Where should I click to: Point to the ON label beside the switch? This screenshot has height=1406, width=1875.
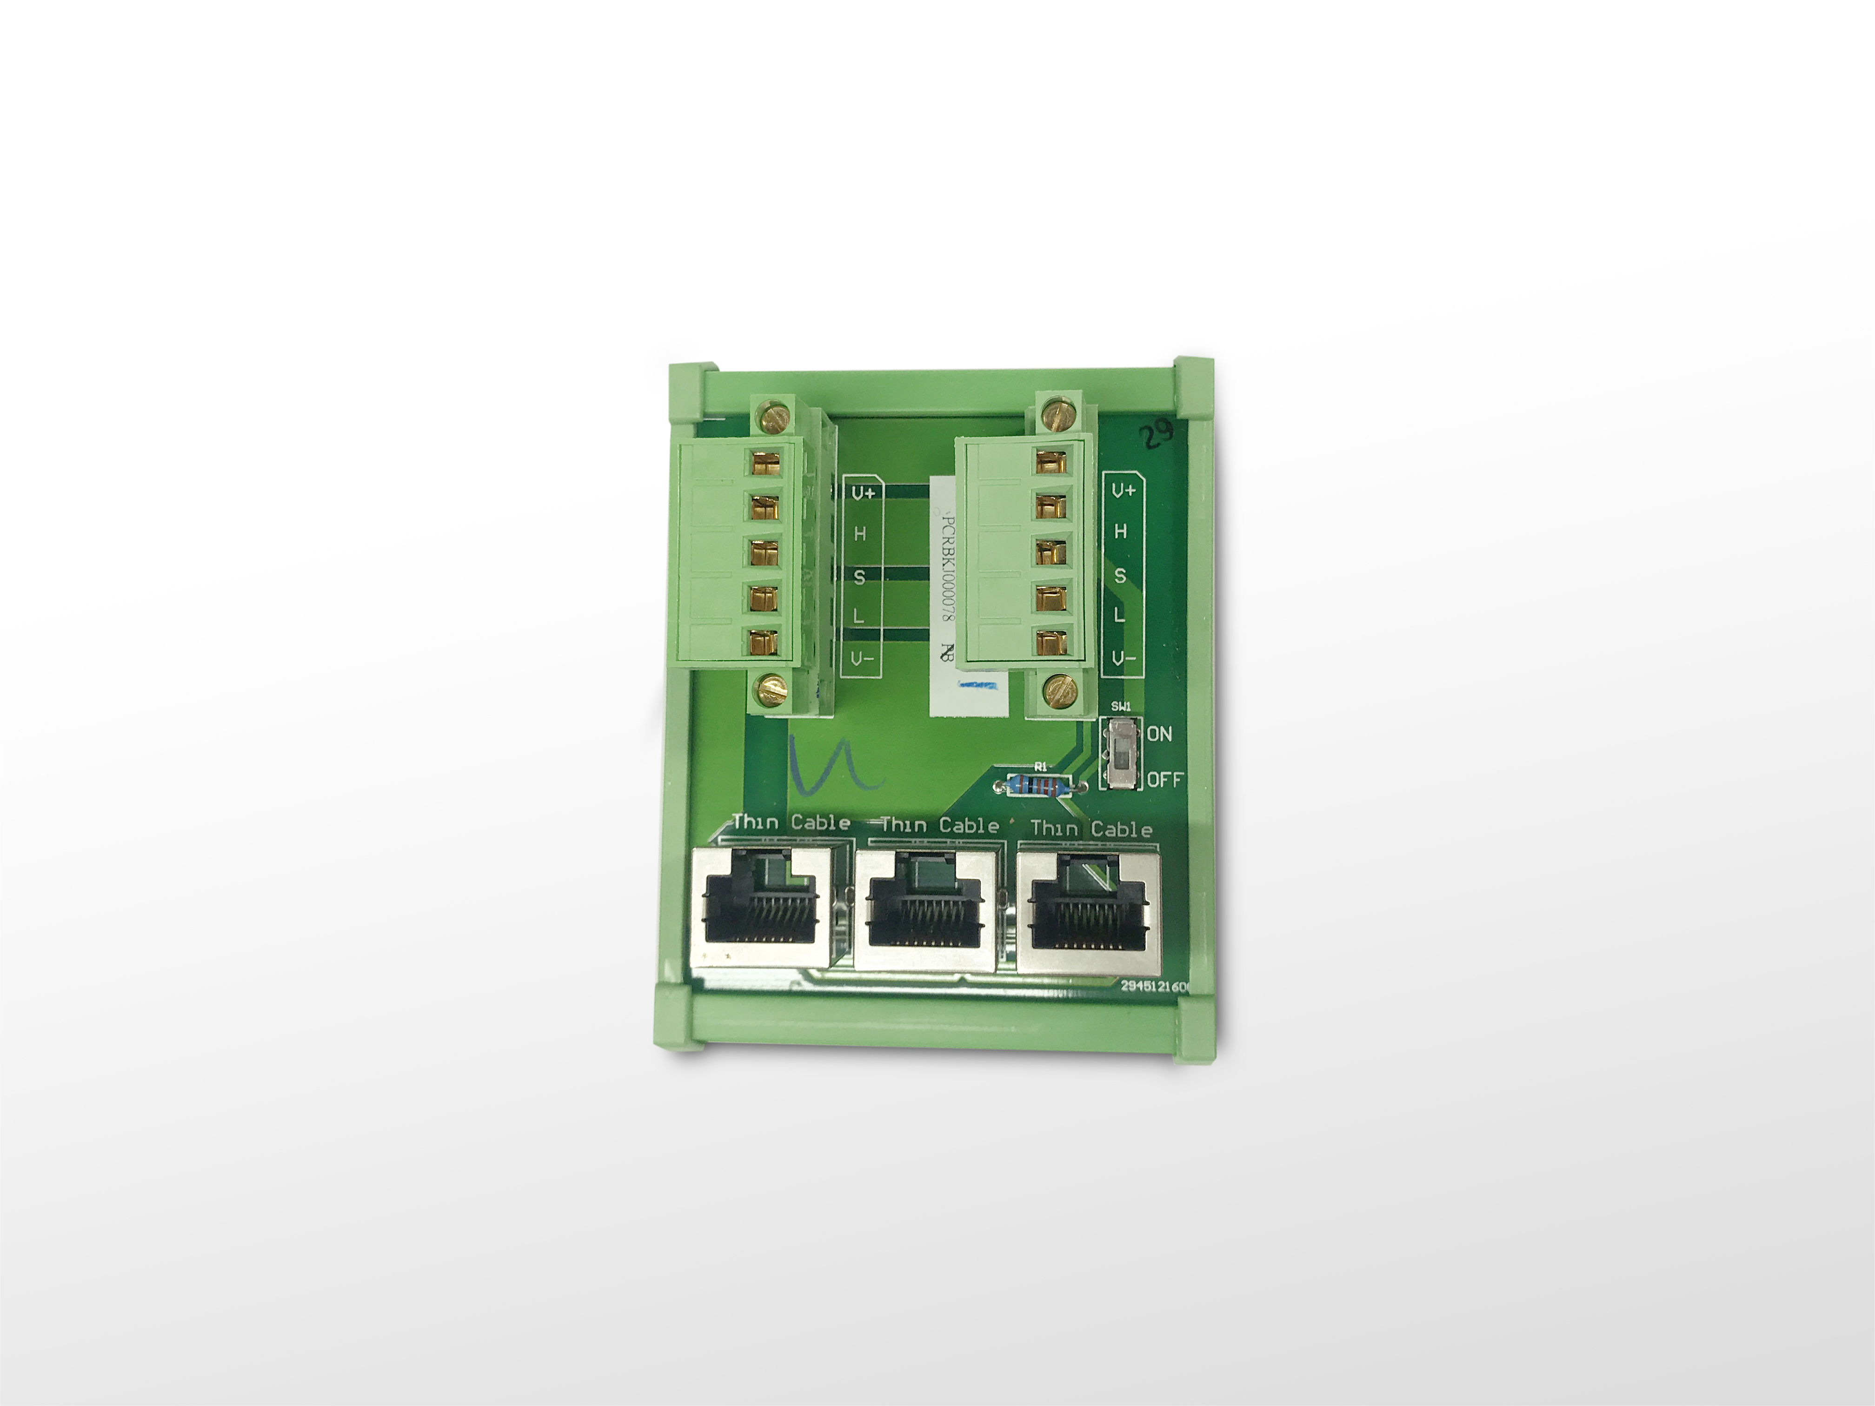1160,734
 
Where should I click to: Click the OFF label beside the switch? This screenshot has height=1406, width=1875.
1165,780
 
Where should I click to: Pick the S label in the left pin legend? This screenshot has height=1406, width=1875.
859,577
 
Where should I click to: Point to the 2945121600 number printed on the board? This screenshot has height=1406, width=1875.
1155,987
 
